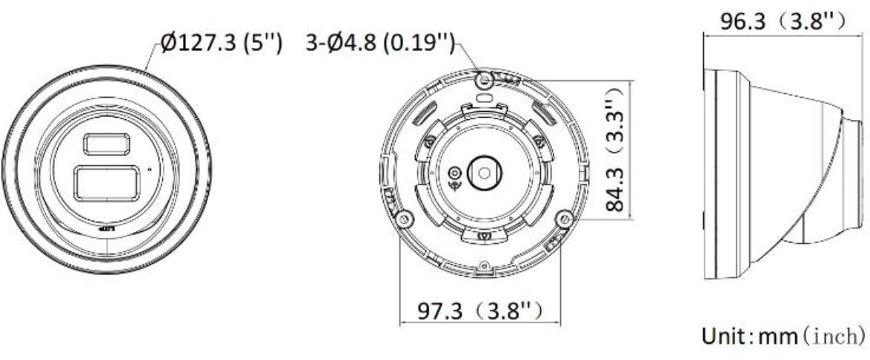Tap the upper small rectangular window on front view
(x=104, y=144)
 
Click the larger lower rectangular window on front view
(x=105, y=182)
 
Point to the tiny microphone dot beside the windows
(x=150, y=170)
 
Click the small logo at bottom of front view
(x=106, y=230)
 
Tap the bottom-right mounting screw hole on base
(x=566, y=218)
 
